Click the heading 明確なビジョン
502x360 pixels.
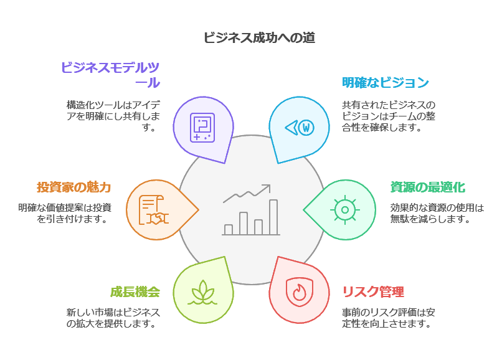pos(386,82)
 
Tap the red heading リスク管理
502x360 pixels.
pos(373,292)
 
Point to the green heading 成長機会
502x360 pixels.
pos(135,292)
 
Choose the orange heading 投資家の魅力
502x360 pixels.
pos(73,187)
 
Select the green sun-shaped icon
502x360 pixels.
pos(344,209)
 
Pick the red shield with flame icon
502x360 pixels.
pos(300,291)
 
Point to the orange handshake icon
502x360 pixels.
pos(154,210)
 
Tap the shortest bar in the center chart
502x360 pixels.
pos(228,229)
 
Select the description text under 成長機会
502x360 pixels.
pos(113,318)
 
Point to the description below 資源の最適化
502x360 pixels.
pos(437,213)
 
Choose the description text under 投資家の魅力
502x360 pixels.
pos(65,213)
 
